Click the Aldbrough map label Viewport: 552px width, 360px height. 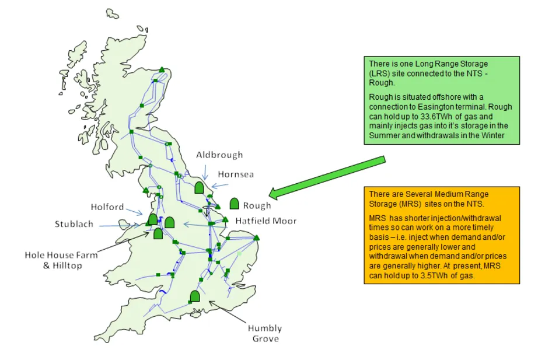219,155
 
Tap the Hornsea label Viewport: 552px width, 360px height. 236,174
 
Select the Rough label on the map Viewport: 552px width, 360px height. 257,205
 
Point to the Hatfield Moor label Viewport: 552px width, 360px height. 266,221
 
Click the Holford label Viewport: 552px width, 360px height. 107,207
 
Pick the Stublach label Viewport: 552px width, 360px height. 74,224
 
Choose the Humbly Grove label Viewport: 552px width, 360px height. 265,333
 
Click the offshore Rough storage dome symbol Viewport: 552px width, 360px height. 235,204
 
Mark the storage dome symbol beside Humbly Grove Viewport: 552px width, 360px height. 195,296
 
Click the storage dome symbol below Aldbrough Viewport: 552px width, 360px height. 198,187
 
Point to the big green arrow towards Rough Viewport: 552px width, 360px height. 327,176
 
